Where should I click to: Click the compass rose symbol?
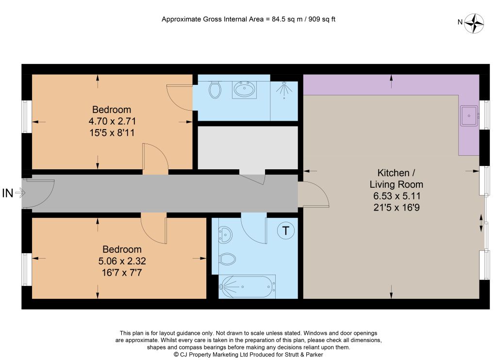[x=474, y=23]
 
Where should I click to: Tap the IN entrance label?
[x=8, y=193]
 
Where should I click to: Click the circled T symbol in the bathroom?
[x=285, y=231]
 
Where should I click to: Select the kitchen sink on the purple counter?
[x=469, y=115]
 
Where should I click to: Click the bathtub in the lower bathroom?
[x=247, y=286]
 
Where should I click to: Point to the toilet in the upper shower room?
[x=215, y=90]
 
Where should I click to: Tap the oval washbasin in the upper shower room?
[x=244, y=90]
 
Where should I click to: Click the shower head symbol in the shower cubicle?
[x=284, y=89]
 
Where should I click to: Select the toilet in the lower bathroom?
[x=227, y=259]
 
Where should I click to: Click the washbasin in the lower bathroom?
[x=225, y=235]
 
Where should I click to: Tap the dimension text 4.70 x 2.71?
[x=112, y=121]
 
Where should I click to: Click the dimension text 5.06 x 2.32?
[x=122, y=261]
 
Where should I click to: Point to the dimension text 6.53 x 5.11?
[x=397, y=196]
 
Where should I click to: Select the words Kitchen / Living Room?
[x=396, y=179]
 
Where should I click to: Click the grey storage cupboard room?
[x=248, y=147]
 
